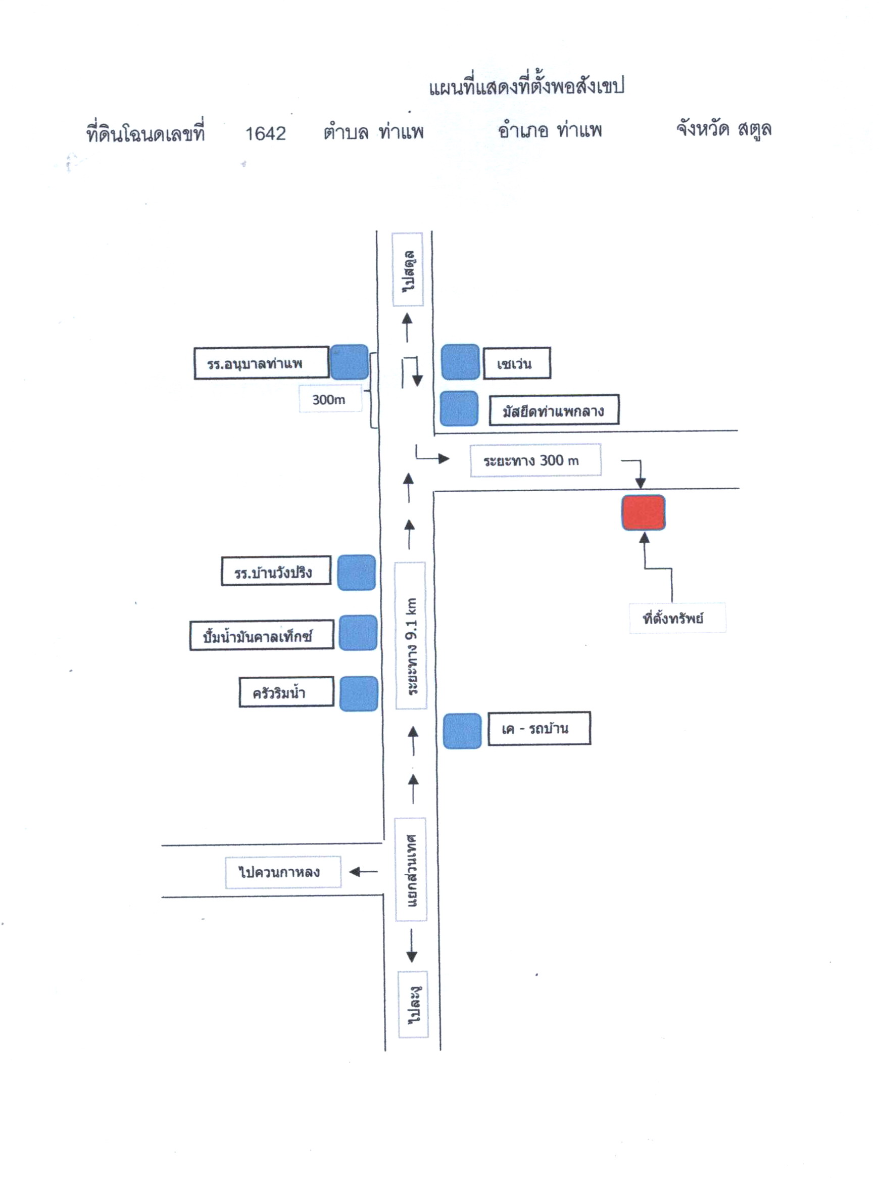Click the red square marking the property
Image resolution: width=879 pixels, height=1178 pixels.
643,512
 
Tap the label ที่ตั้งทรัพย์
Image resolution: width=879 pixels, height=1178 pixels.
673,619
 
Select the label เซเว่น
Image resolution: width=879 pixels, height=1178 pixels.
514,364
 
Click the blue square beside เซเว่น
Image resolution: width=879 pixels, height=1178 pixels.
460,362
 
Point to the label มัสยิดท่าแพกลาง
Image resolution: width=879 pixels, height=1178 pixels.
553,410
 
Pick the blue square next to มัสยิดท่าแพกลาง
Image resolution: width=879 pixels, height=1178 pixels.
459,408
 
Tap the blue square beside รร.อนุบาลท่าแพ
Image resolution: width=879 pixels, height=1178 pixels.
349,362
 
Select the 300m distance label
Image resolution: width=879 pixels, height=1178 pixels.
329,399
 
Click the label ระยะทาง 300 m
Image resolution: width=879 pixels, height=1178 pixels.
531,460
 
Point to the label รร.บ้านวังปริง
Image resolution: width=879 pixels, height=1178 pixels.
273,572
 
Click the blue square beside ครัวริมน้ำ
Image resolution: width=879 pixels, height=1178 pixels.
359,693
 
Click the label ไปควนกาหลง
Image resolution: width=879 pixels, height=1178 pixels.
279,872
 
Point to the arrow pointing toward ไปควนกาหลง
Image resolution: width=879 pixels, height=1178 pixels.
363,872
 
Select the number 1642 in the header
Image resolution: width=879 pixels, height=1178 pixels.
266,133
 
